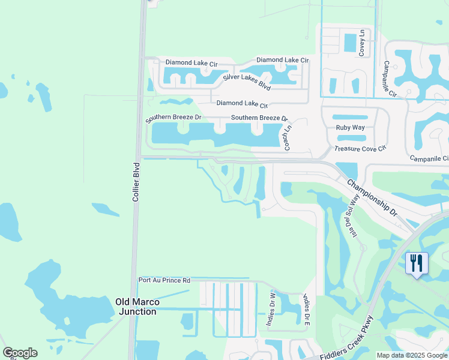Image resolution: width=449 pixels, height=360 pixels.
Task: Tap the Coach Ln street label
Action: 288,137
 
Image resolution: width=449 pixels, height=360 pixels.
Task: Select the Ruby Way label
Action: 350,127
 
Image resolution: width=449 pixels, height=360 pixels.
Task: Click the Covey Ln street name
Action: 362,43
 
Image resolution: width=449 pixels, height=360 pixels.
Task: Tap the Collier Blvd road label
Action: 136,181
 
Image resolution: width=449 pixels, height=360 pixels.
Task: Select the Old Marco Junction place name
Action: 137,306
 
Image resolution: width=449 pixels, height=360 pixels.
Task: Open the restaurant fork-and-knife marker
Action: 416,263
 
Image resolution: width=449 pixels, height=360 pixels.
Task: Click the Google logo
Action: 20,353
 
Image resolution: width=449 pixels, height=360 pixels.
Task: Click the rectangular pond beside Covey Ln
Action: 349,43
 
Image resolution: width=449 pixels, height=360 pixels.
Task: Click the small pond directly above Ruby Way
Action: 349,118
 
